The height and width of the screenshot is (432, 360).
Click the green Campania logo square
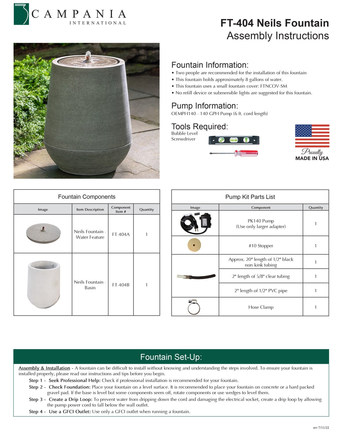[21, 14]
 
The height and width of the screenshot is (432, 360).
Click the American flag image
[312, 136]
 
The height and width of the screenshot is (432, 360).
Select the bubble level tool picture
[234, 140]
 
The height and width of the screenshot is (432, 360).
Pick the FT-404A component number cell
[121, 234]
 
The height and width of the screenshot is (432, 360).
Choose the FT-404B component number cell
[121, 285]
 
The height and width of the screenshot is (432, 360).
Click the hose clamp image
[194, 307]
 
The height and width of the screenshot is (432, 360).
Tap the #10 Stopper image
[194, 245]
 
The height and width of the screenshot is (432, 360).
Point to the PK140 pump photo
[196, 223]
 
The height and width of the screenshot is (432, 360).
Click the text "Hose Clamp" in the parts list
[261, 307]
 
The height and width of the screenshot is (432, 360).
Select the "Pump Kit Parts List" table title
[250, 197]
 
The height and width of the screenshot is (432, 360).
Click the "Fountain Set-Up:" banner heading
[171, 357]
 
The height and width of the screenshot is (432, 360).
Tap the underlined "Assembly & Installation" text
[44, 368]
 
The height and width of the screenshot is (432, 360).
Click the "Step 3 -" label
[37, 399]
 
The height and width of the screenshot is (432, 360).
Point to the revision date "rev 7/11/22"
[321, 428]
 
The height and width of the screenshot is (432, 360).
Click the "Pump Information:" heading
[204, 106]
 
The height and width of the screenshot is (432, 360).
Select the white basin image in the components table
[43, 284]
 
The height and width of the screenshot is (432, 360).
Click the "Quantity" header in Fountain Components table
[146, 209]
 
